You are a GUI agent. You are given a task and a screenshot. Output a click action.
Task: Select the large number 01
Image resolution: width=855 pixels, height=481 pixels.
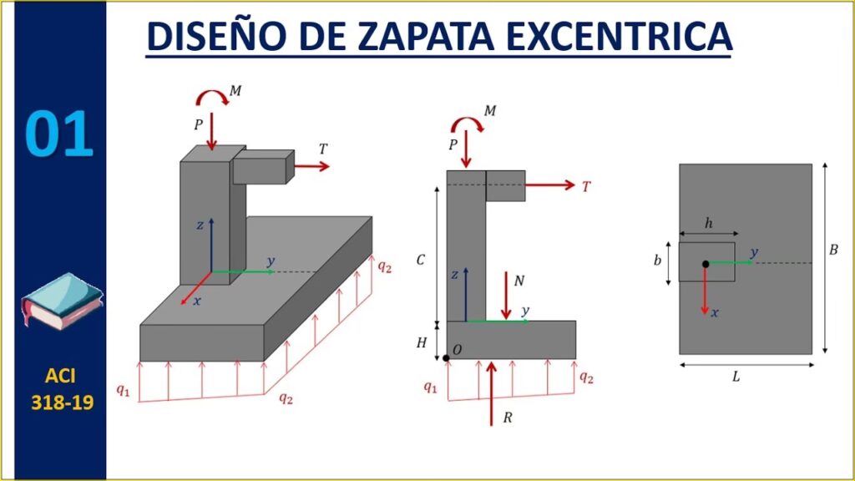pyautogui.click(x=59, y=134)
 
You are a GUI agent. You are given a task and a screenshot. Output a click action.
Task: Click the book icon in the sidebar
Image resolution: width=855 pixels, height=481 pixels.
pyautogui.click(x=62, y=301)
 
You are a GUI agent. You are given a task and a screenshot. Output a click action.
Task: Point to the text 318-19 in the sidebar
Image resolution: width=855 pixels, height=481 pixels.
pyautogui.click(x=62, y=403)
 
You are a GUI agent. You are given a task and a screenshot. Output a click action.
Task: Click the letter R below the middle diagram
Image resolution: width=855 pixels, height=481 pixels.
pyautogui.click(x=508, y=418)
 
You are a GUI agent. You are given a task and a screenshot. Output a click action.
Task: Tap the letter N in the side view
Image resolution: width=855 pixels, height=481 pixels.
pyautogui.click(x=519, y=281)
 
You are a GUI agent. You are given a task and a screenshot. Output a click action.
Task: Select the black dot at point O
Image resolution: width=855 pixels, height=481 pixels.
pyautogui.click(x=446, y=358)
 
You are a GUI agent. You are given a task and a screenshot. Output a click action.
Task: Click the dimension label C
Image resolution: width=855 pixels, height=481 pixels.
pyautogui.click(x=421, y=261)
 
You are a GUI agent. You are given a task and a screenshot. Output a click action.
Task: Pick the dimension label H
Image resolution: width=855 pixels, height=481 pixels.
pyautogui.click(x=422, y=342)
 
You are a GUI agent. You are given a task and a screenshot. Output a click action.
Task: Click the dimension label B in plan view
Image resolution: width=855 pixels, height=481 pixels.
pyautogui.click(x=833, y=251)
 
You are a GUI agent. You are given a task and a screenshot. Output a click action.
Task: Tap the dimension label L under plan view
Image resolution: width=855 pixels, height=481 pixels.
pyautogui.click(x=736, y=377)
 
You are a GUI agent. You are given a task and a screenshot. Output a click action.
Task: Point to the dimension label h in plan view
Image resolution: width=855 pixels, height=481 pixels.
pyautogui.click(x=708, y=223)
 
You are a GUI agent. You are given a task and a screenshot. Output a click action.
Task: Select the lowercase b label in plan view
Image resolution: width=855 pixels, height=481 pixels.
pyautogui.click(x=658, y=261)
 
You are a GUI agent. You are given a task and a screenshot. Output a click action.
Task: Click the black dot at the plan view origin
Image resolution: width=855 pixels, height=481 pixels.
pyautogui.click(x=706, y=264)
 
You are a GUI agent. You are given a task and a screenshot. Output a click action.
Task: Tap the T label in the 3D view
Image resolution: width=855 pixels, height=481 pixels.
pyautogui.click(x=323, y=149)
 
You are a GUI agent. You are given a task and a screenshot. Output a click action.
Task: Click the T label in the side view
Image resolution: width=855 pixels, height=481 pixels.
pyautogui.click(x=586, y=186)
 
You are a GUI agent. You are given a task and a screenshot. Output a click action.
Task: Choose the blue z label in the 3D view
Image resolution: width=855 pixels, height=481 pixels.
pyautogui.click(x=200, y=225)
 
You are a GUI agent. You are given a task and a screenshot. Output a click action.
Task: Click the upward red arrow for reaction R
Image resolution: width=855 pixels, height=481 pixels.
pyautogui.click(x=491, y=393)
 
